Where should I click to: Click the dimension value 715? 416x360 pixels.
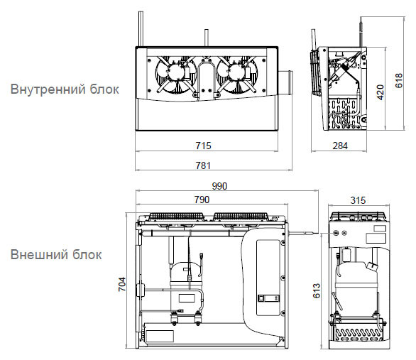pyautogui.click(x=204, y=146)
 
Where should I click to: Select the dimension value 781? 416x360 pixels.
pyautogui.click(x=204, y=165)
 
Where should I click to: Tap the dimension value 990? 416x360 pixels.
pyautogui.click(x=219, y=186)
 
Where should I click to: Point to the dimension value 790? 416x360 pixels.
pyautogui.click(x=202, y=200)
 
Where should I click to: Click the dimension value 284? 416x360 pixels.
pyautogui.click(x=340, y=146)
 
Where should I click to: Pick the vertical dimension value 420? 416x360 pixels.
pyautogui.click(x=381, y=92)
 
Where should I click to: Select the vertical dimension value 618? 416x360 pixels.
pyautogui.click(x=399, y=81)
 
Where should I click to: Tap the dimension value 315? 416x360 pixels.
pyautogui.click(x=358, y=200)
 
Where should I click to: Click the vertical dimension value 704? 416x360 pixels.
pyautogui.click(x=122, y=284)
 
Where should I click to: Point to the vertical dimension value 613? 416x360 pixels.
pyautogui.click(x=317, y=290)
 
